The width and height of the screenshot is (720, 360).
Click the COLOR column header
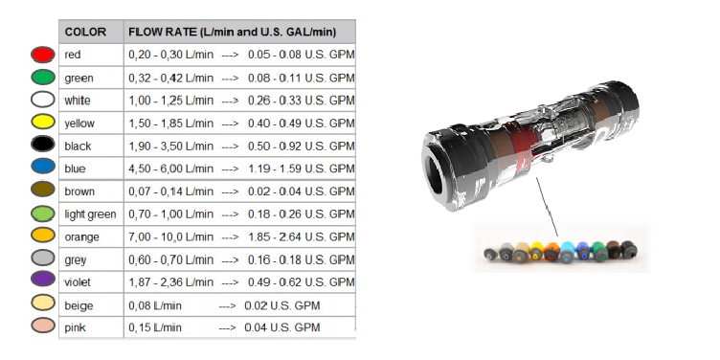[x=85, y=32]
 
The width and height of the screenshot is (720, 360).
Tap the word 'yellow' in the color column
[x=79, y=124]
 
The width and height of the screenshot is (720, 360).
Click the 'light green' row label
[x=90, y=214]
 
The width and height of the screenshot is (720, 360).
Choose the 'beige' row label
[x=79, y=304]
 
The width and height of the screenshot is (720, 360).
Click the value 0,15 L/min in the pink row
[x=156, y=327]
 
